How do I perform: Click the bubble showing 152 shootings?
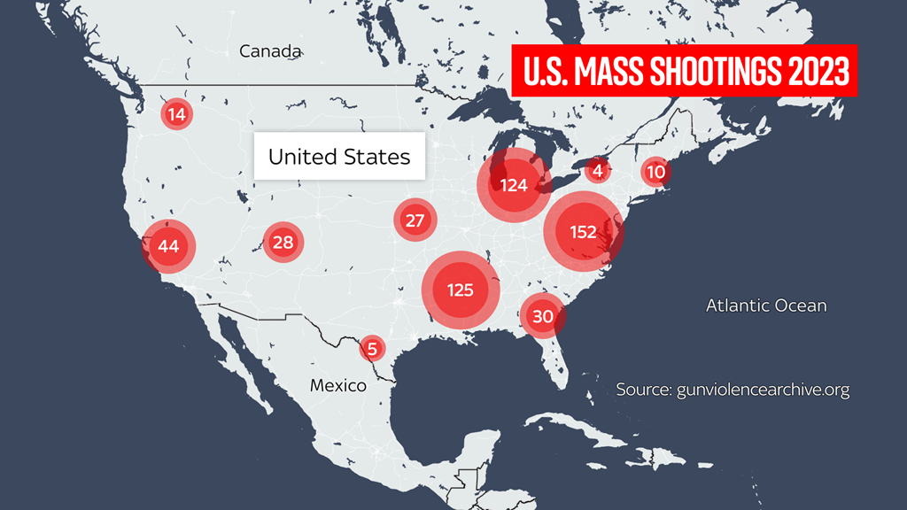click(583, 232)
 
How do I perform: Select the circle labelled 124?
click(514, 186)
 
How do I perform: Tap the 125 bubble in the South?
click(461, 290)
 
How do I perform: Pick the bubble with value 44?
click(168, 245)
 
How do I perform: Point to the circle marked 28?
click(283, 242)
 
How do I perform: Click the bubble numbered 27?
click(415, 220)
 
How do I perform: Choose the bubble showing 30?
click(543, 316)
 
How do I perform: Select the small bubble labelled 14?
click(177, 113)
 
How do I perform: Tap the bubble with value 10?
click(655, 171)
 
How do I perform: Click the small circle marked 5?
click(372, 348)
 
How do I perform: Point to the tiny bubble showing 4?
click(598, 170)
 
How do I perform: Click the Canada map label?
click(270, 51)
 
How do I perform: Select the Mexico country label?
click(337, 385)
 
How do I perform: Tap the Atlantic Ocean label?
click(766, 305)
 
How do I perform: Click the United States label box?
click(339, 157)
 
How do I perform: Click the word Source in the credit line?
click(643, 390)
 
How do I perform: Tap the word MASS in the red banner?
click(608, 71)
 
